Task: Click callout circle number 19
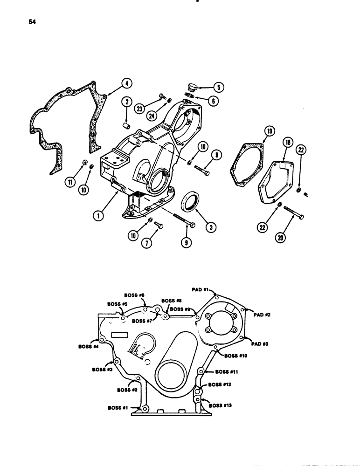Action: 267,132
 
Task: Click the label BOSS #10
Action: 235,356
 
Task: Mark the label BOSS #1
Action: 118,407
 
